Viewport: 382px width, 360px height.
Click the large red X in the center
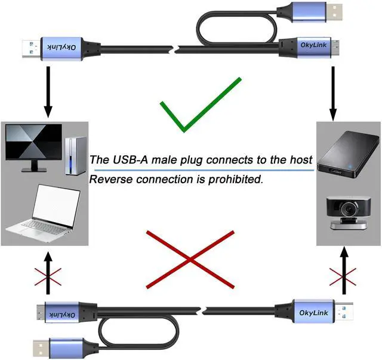(189, 259)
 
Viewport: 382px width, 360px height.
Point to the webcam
(345, 213)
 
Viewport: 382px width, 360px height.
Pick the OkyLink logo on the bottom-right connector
(313, 312)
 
